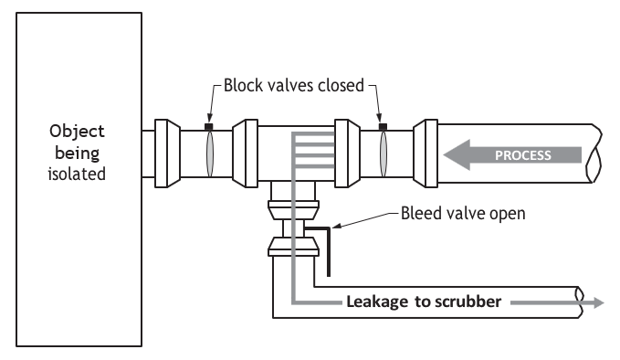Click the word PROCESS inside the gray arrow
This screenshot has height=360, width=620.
(522, 155)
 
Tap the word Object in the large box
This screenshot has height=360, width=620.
(77, 132)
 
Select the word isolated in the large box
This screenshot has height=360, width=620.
(77, 175)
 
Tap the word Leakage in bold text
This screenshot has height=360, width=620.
(377, 302)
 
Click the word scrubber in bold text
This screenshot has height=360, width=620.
(468, 302)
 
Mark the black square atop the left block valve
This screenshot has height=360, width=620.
(209, 127)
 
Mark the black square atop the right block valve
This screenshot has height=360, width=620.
(383, 127)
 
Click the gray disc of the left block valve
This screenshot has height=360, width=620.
(210, 154)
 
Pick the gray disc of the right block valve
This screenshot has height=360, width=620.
(384, 154)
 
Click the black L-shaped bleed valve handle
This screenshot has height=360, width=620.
(328, 245)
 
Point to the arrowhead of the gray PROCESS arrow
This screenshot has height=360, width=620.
(457, 154)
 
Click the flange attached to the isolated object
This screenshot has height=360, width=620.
(167, 154)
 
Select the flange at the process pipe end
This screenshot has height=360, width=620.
(426, 154)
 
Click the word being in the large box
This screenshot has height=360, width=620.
(77, 154)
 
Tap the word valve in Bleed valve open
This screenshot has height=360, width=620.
(464, 213)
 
